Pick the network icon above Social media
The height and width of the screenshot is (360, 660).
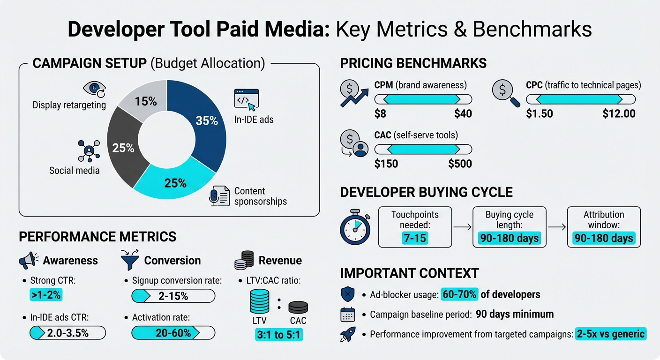pos(89,150)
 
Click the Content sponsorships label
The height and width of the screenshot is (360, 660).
pos(260,196)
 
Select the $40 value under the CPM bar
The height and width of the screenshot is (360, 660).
pos(463,113)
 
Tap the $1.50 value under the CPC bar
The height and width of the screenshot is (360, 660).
pos(540,113)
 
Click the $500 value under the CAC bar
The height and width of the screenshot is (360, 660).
pos(460,164)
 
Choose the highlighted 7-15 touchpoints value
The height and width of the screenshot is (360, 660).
pos(415,238)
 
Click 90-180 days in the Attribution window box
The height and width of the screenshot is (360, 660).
pos(604,238)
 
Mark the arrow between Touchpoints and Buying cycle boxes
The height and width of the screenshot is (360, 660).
pos(462,227)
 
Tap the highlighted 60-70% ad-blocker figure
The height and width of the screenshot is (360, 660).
pos(460,294)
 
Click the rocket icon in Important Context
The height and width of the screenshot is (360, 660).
pos(347,334)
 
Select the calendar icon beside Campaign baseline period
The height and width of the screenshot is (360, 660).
pos(347,315)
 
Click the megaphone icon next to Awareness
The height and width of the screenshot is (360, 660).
pos(28,261)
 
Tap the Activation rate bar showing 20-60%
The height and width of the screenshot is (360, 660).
pos(173,333)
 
